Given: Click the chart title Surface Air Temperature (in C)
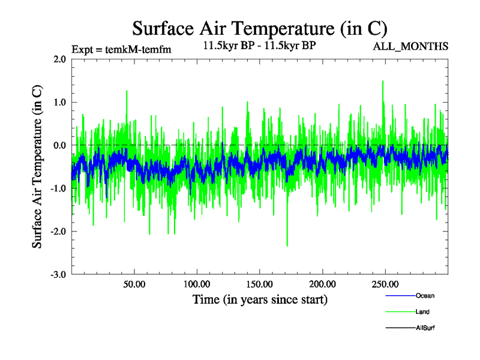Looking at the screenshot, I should coord(260,28).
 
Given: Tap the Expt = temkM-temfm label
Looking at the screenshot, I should coord(121,49).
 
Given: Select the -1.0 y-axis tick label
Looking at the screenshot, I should coord(58,188).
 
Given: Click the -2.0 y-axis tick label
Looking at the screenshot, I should coord(58,232).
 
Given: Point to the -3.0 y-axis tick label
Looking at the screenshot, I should coord(58,275).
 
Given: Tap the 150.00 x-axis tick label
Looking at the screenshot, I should coord(259,283).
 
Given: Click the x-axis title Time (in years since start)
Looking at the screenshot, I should coord(260,299).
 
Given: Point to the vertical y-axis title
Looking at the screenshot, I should coord(37,167).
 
